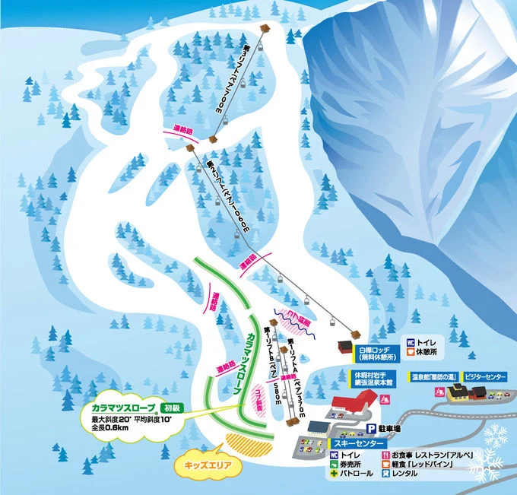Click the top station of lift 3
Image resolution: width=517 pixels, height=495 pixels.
[265, 28]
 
